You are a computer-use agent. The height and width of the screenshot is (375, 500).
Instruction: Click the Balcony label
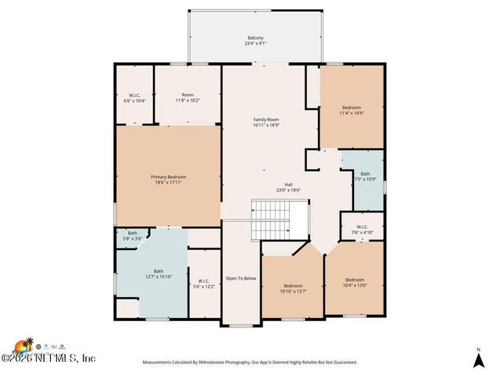point(255,38)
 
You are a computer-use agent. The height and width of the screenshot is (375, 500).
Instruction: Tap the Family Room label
point(266,120)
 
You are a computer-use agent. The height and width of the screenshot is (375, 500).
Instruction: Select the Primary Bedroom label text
point(168,177)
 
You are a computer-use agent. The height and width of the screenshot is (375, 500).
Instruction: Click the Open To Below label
point(241,278)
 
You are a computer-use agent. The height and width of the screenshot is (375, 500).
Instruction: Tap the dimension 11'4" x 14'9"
point(352,113)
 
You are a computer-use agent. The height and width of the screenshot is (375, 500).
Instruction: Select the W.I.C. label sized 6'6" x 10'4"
point(134,96)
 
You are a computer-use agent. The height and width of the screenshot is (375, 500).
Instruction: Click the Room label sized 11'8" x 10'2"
point(187,96)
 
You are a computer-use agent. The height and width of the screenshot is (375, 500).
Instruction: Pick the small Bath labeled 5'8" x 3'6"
point(133,233)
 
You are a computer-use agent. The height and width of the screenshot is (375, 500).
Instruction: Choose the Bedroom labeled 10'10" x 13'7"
point(293,286)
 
